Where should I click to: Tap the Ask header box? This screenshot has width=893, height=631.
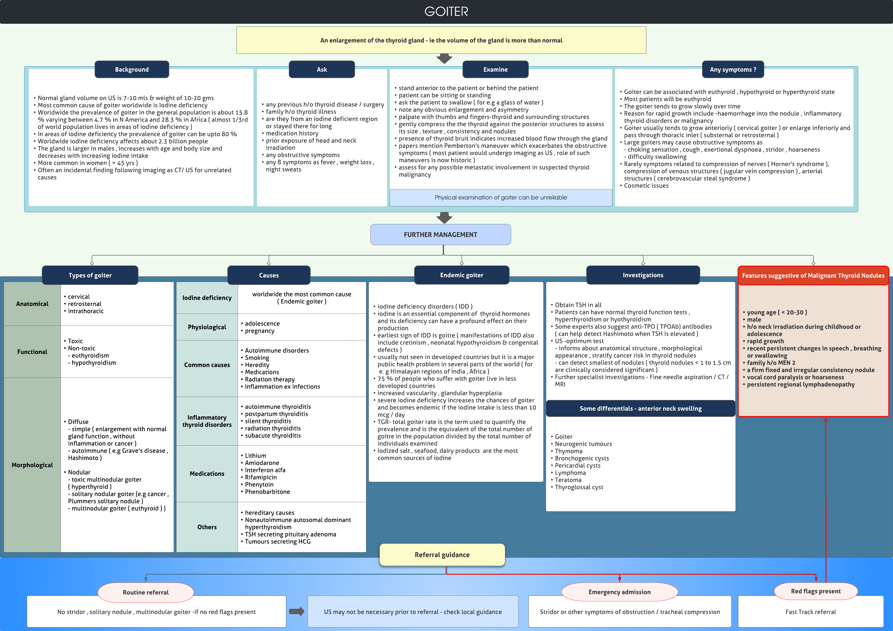322,69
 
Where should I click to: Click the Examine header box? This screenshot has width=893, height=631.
495,69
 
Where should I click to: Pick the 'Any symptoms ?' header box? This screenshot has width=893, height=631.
733,69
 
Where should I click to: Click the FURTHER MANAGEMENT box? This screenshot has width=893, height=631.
440,235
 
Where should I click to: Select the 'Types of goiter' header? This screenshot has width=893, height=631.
90,275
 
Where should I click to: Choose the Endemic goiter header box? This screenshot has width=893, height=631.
461,275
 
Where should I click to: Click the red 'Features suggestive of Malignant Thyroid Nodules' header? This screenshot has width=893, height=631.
813,275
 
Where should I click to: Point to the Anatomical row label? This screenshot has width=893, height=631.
32,304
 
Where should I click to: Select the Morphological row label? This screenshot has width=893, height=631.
32,465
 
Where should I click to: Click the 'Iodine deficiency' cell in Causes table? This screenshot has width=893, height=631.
207,298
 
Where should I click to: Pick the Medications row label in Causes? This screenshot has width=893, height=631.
207,473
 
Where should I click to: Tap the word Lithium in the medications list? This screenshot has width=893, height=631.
256,456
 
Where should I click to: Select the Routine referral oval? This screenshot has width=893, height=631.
146,592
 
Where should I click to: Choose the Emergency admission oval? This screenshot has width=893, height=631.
619,592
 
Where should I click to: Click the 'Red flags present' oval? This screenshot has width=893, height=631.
816,591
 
